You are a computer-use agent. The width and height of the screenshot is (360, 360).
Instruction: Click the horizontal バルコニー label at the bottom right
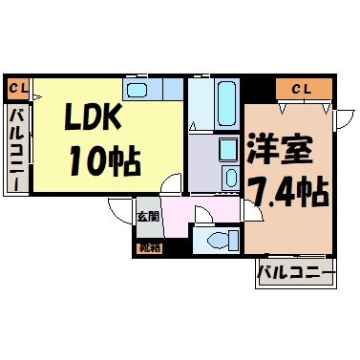(x=295, y=275)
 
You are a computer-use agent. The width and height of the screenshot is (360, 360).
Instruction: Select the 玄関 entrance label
(x=146, y=216)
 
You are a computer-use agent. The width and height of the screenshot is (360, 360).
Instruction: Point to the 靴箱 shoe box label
(x=147, y=248)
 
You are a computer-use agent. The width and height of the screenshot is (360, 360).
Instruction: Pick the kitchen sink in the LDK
(x=138, y=91)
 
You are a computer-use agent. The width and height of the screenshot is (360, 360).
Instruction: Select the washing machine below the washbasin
(x=230, y=177)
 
